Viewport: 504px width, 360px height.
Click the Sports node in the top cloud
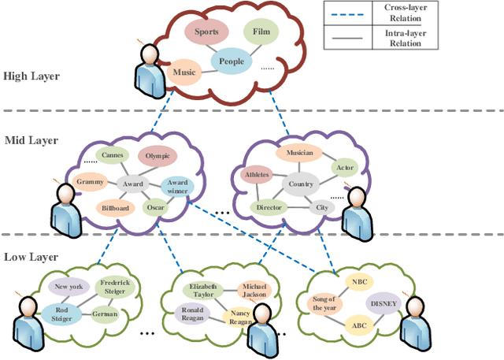(x=206, y=32)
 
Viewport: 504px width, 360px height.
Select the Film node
(x=261, y=32)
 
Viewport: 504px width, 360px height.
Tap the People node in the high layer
(x=232, y=61)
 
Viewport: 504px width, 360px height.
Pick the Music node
(x=184, y=73)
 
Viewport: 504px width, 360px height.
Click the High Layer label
(x=31, y=76)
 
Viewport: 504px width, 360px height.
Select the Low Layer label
(x=31, y=258)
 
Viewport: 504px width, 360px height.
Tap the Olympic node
(x=157, y=157)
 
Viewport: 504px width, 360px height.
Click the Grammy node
(x=91, y=182)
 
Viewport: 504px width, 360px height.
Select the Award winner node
(x=177, y=186)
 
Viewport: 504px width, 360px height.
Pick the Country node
(x=301, y=184)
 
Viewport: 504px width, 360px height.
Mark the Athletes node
(x=258, y=175)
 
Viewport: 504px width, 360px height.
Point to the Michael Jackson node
(x=255, y=291)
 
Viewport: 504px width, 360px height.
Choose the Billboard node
(x=114, y=209)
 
